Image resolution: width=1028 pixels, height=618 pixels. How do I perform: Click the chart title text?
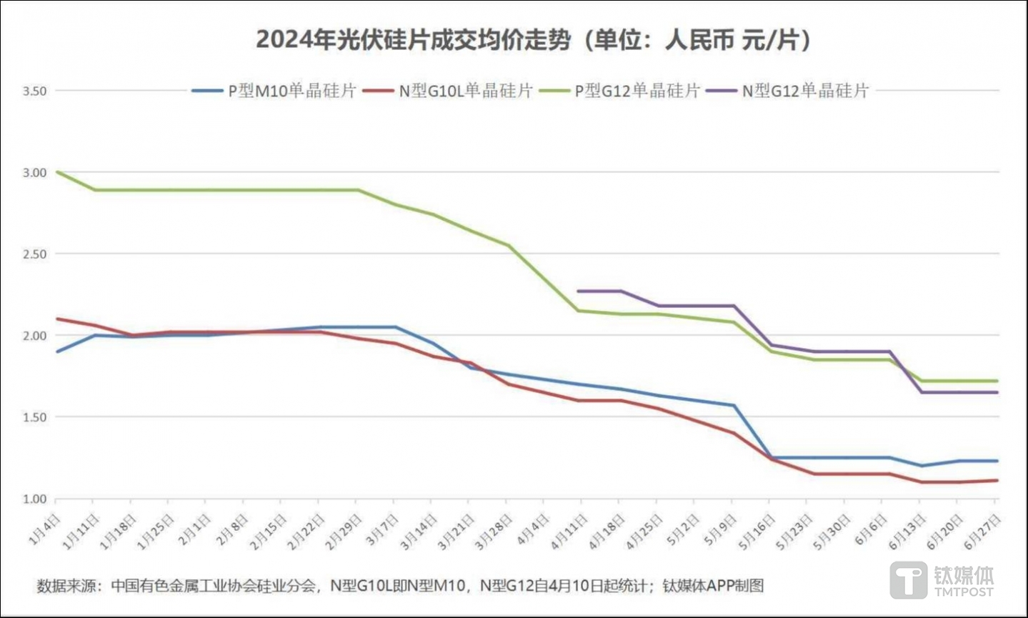pyautogui.click(x=533, y=40)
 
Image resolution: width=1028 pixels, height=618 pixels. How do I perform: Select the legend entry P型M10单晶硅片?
pyautogui.click(x=291, y=91)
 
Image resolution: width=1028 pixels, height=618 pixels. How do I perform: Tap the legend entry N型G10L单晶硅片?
pyautogui.click(x=465, y=91)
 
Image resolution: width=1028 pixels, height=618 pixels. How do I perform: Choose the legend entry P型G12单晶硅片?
pyautogui.click(x=637, y=91)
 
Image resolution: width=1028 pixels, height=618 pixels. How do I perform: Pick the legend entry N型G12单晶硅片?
pyautogui.click(x=804, y=91)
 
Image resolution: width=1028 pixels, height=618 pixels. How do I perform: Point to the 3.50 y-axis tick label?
pyautogui.click(x=34, y=91)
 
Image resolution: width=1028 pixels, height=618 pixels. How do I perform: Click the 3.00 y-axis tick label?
pyautogui.click(x=34, y=173)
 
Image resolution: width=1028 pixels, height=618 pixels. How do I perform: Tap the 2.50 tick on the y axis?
pyautogui.click(x=34, y=254)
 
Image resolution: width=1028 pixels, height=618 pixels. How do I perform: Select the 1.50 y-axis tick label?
pyautogui.click(x=34, y=417)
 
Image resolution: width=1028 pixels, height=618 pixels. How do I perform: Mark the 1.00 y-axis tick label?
pyautogui.click(x=34, y=499)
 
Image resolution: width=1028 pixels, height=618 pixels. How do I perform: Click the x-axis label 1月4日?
pyautogui.click(x=44, y=529)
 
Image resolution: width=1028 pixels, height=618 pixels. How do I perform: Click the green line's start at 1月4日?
pyautogui.click(x=56, y=172)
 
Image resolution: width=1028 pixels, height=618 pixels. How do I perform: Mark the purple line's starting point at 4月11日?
pyautogui.click(x=578, y=291)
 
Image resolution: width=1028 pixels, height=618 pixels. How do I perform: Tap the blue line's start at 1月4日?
pyautogui.click(x=56, y=352)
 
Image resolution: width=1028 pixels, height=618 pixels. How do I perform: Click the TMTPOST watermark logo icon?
pyautogui.click(x=908, y=579)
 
